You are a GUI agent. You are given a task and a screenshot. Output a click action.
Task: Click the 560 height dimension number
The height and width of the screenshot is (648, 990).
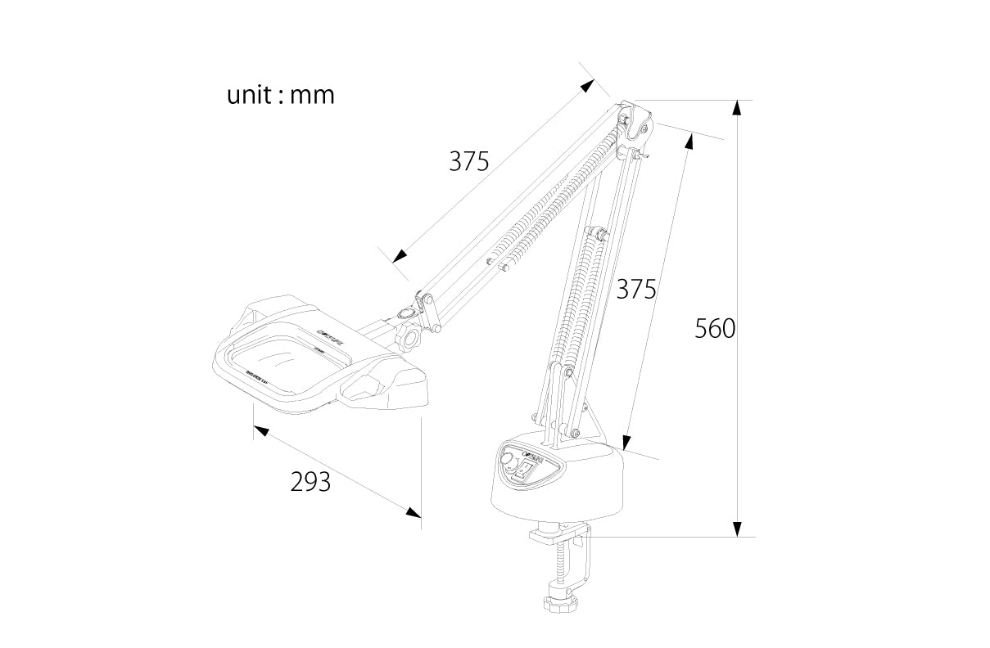[x=715, y=329]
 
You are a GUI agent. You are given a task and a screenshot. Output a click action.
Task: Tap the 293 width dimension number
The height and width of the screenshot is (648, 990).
[x=310, y=483]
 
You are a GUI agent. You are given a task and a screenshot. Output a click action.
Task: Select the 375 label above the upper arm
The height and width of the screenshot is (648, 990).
[x=468, y=161]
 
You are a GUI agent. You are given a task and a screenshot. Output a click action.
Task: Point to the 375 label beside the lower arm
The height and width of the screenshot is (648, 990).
[x=636, y=289]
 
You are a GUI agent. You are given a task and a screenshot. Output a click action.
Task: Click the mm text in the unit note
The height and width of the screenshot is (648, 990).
[x=312, y=97]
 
